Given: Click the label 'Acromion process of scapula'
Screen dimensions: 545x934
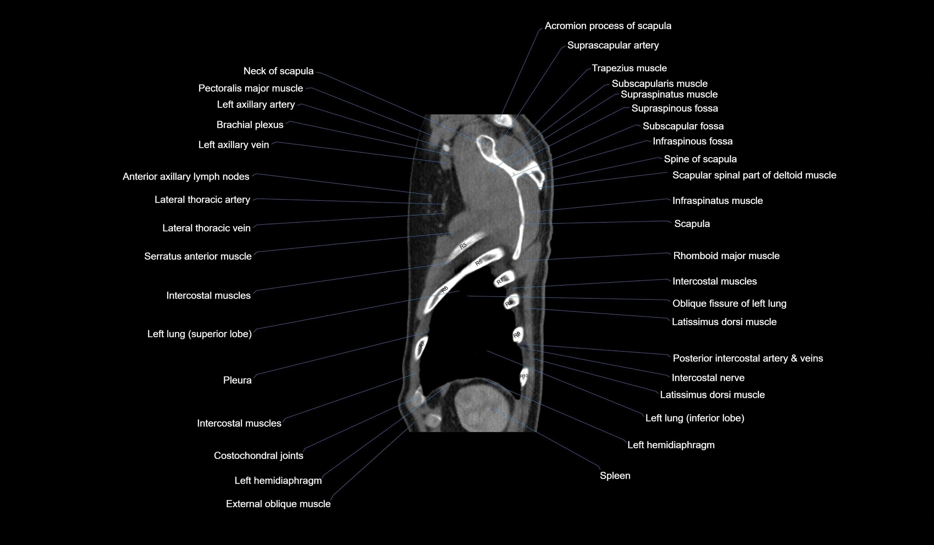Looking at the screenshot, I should pos(608,26).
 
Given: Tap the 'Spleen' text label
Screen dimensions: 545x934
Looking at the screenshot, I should pos(615,476).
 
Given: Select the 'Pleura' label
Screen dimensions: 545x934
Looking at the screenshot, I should pos(237,380).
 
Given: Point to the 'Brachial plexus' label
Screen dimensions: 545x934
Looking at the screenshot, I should pos(250,125).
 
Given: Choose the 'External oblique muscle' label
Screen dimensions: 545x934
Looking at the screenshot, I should pos(278,504).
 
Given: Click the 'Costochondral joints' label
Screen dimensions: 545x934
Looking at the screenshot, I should pos(258,456).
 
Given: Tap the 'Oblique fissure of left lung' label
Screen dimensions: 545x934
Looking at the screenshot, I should pos(729,304).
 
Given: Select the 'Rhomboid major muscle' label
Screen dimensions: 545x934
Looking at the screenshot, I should pos(726,256).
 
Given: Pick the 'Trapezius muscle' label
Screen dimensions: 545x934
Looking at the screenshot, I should pos(629,68).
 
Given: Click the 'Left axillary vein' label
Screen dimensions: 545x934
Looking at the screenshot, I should pos(233,145).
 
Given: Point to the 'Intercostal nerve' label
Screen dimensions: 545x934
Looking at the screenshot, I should pos(708,378).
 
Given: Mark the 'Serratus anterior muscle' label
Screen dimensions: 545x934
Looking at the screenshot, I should pos(197,256).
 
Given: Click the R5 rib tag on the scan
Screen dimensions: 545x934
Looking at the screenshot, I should pos(463,246).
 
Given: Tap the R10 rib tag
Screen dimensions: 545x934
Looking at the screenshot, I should pos(524,376).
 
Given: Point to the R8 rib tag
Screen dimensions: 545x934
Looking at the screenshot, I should pos(509,304).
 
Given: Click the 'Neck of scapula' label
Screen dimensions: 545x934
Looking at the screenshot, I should pos(278,71).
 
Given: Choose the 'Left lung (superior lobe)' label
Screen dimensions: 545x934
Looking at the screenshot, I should pos(199,334).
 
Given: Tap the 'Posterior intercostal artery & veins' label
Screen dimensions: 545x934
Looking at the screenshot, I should pos(748,359).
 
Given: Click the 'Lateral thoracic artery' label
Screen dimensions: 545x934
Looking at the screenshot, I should pos(202,200).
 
